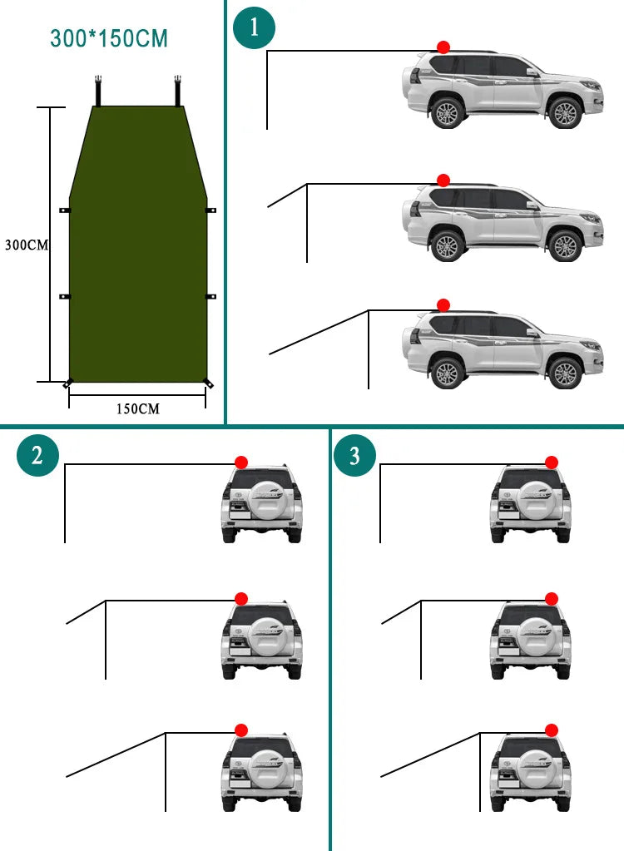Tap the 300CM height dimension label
pyautogui.click(x=26, y=245)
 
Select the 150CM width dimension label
pyautogui.click(x=137, y=408)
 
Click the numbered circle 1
pyautogui.click(x=254, y=27)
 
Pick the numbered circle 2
pyautogui.click(x=37, y=455)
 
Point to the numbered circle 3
pyautogui.click(x=354, y=455)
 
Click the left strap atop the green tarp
pyautogui.click(x=98, y=91)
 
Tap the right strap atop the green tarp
pyautogui.click(x=178, y=91)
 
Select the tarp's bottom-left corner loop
pyautogui.click(x=67, y=383)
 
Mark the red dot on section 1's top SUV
pyautogui.click(x=443, y=47)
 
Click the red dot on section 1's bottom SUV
pyautogui.click(x=443, y=306)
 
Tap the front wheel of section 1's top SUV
pyautogui.click(x=565, y=113)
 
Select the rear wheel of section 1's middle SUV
pyautogui.click(x=448, y=246)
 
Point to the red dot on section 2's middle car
pyautogui.click(x=241, y=598)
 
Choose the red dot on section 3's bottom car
pyautogui.click(x=552, y=730)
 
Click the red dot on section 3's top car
pyautogui.click(x=552, y=463)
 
